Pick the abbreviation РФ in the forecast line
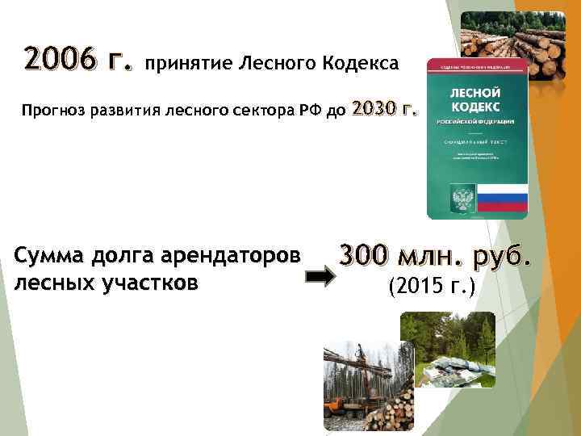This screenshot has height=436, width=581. point(310,110)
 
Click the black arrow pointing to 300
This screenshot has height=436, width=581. point(321,277)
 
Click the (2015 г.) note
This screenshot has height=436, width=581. point(432,285)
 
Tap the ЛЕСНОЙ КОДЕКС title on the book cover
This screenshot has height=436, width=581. point(476,100)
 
